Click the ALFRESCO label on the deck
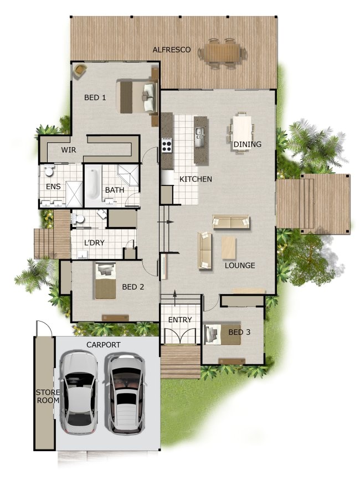[x=172, y=50]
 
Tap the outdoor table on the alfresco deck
[x=223, y=53]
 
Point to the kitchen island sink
[x=199, y=133]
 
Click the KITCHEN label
[x=195, y=179]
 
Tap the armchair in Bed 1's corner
[x=81, y=70]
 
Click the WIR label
[x=69, y=150]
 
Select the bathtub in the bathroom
[x=93, y=184]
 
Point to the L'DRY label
[x=94, y=243]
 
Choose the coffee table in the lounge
[x=229, y=247]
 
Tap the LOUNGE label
[x=240, y=266]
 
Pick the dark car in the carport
[x=126, y=393]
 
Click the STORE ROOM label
[x=44, y=397]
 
